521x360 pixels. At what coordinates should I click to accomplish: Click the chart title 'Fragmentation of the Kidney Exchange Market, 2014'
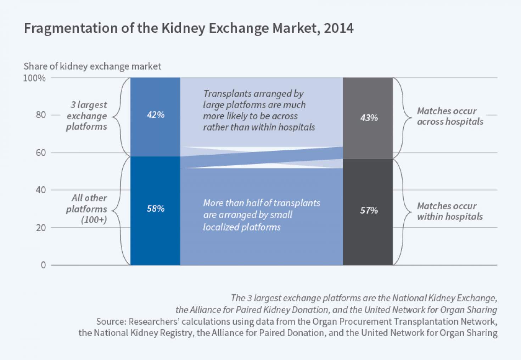[x=189, y=28]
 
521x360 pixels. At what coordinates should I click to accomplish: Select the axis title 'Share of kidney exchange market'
[x=92, y=66]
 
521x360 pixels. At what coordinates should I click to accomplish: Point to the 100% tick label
[x=34, y=78]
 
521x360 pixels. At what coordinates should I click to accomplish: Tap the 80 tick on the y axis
[x=40, y=115]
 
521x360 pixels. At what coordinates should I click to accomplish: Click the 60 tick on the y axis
[x=40, y=153]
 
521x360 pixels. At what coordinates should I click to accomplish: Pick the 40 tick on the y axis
[x=40, y=190]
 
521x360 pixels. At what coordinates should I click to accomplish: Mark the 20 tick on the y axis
[x=40, y=228]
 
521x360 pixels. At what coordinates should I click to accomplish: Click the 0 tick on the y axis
[x=43, y=265]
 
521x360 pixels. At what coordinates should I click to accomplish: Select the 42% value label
[x=156, y=115]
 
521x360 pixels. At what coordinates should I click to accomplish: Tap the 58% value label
[x=156, y=209]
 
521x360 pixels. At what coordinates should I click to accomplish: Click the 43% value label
[x=369, y=118]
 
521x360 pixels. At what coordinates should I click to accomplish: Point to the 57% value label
[x=369, y=210]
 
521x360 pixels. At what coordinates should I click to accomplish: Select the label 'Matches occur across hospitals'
[x=450, y=116]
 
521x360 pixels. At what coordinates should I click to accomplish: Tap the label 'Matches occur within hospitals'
[x=450, y=211]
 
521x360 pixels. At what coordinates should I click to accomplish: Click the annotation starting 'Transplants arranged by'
[x=259, y=110]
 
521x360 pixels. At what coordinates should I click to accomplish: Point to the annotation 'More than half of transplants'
[x=261, y=215]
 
